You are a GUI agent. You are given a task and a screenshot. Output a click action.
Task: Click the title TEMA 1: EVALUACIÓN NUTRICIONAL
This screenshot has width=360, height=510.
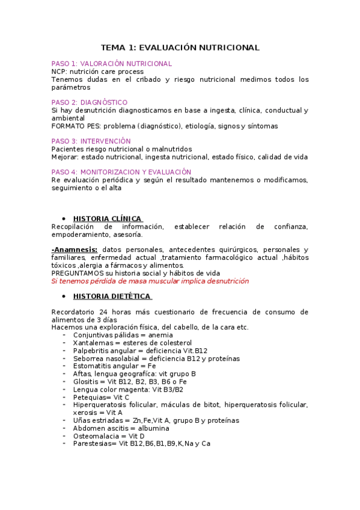180,48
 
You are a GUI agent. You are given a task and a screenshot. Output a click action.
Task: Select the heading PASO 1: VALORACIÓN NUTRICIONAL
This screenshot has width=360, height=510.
112,63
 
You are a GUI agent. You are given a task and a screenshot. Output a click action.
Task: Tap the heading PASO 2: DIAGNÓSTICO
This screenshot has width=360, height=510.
90,102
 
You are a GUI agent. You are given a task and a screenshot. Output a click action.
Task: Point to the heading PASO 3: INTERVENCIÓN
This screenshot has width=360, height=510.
91,141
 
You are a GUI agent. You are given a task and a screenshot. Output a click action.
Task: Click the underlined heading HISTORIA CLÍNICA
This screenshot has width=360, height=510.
107,218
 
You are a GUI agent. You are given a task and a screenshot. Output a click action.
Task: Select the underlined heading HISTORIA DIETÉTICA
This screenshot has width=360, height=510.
112,296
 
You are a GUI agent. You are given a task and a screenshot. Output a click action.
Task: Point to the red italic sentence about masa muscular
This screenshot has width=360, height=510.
150,281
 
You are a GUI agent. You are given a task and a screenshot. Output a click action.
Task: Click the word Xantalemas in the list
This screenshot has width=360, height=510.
91,343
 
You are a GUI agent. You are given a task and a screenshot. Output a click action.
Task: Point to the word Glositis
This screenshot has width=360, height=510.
86,381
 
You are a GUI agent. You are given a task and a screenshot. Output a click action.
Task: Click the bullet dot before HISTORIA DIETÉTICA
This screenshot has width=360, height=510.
64,297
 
